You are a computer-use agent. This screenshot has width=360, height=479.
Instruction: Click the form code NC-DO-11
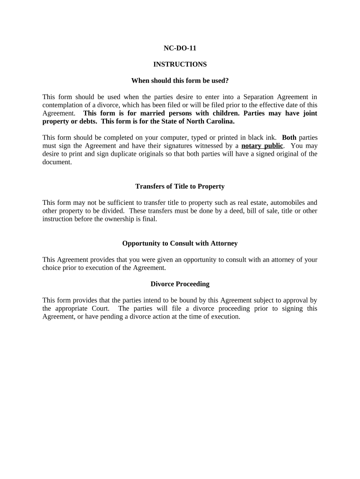pos(180,48)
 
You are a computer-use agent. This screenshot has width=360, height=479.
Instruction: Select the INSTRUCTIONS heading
pos(180,64)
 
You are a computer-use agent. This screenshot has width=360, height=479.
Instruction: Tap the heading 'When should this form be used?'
pos(180,80)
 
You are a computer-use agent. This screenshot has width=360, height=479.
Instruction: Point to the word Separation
pos(255,97)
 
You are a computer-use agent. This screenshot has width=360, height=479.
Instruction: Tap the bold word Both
pos(289,138)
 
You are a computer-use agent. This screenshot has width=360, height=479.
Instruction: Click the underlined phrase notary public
pos(262,145)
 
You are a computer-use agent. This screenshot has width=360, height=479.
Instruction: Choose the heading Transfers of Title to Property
pos(180,186)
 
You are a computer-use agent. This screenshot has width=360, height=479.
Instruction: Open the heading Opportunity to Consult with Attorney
pos(180,243)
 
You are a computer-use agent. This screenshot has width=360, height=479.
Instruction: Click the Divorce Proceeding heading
pos(180,284)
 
